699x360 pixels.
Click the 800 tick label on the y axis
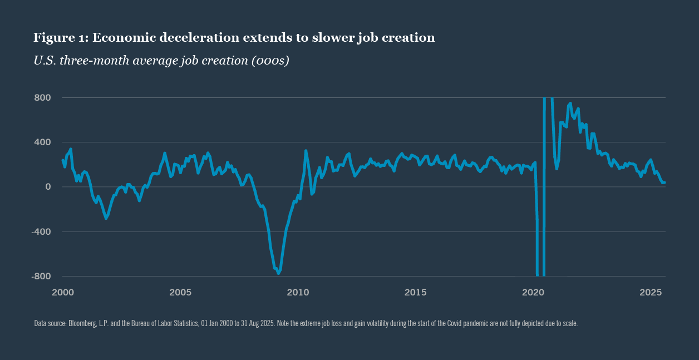[43, 98]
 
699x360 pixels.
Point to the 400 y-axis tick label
[43, 142]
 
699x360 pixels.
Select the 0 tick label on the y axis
[48, 187]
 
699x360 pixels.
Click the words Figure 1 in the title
[60, 38]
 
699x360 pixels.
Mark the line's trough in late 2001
[106, 218]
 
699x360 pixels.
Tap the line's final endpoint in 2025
[664, 183]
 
